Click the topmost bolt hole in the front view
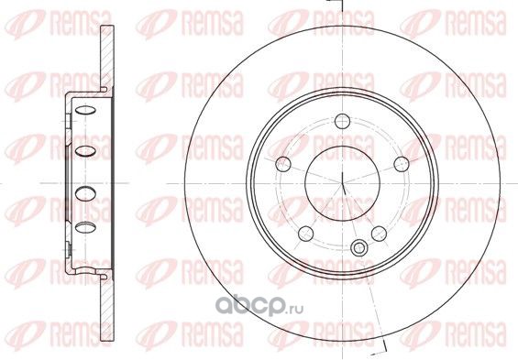tap(342, 121)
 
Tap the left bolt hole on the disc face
tap(283, 164)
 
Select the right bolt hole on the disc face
tap(402, 164)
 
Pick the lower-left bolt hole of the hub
tap(305, 234)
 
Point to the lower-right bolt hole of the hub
tap(379, 234)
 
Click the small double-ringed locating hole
tap(358, 247)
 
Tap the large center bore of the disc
tap(342, 183)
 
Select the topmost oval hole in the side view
tap(85, 110)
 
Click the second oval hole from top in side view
tap(85, 151)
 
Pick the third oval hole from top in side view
tap(85, 193)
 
